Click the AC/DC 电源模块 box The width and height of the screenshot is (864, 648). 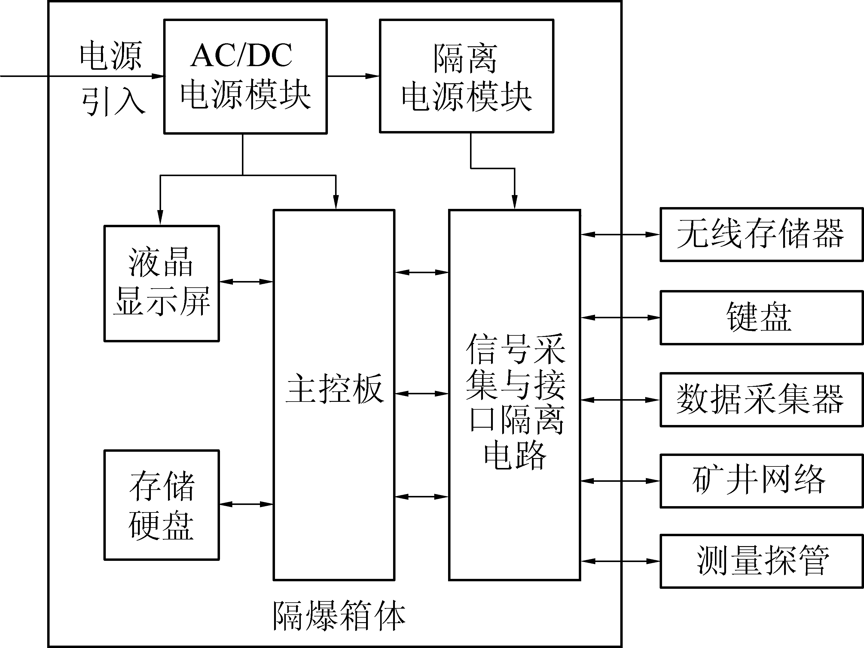pyautogui.click(x=245, y=77)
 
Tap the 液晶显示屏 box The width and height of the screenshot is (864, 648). pyautogui.click(x=161, y=283)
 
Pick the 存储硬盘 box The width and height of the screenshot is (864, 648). pyautogui.click(x=161, y=505)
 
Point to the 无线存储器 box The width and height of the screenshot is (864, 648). pyautogui.click(x=761, y=234)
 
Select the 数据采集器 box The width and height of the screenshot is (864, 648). pyautogui.click(x=761, y=399)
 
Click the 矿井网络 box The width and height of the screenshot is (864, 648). pyautogui.click(x=761, y=481)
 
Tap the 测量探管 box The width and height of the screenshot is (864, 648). pyautogui.click(x=761, y=561)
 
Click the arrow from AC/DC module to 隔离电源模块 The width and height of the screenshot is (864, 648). pyautogui.click(x=353, y=76)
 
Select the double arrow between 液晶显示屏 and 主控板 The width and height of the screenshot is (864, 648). pyautogui.click(x=246, y=281)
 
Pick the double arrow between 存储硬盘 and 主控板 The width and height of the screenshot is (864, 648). pyautogui.click(x=246, y=504)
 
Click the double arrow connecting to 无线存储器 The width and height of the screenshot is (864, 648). pyautogui.click(x=620, y=234)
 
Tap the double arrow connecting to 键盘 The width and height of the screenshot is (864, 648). pyautogui.click(x=620, y=318)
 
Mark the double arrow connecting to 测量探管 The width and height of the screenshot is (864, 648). pyautogui.click(x=620, y=561)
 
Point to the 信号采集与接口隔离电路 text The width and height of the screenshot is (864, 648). pyautogui.click(x=515, y=400)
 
